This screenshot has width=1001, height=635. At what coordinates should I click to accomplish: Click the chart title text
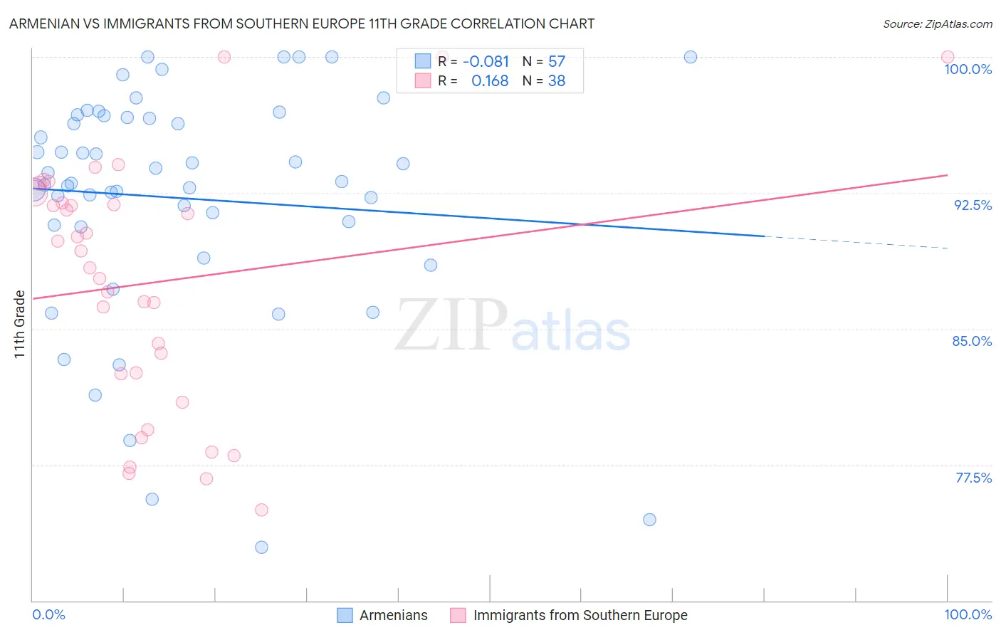pos(302,24)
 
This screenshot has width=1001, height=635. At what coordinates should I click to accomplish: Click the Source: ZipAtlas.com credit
pos(937,24)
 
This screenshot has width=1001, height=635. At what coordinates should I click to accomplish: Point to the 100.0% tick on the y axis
pos(968,69)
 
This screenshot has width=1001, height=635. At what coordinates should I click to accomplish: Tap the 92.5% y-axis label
pos(973,205)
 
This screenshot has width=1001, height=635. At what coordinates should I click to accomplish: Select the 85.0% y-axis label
pos(972,341)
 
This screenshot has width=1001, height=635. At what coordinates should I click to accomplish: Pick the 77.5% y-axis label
pos(973,478)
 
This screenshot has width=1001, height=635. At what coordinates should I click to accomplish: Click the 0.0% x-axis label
pos(48,614)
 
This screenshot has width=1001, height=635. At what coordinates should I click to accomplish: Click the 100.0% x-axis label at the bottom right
pos(968,614)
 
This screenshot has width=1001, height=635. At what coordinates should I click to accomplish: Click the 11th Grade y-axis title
pos(19,324)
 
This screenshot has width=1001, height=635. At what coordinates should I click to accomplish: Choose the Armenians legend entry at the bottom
pos(393,615)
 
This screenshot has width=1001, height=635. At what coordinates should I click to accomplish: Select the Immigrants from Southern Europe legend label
pos(580,615)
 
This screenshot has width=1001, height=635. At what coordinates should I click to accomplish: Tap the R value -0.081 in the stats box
pos(486,62)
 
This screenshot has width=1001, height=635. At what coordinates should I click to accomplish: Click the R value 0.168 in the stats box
pos(490,81)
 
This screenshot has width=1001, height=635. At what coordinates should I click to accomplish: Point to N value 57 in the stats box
pos(557,62)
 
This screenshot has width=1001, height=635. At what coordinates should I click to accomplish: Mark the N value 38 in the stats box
pos(557,81)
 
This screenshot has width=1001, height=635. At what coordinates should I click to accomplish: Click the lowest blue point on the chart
pos(261,547)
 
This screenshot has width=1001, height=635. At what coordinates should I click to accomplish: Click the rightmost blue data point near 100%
pos(690,57)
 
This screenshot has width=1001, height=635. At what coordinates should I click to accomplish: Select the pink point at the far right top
pos(947,57)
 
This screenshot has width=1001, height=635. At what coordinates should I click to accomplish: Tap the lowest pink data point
pos(261,510)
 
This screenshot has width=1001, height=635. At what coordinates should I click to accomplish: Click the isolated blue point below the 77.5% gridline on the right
pos(649,520)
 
